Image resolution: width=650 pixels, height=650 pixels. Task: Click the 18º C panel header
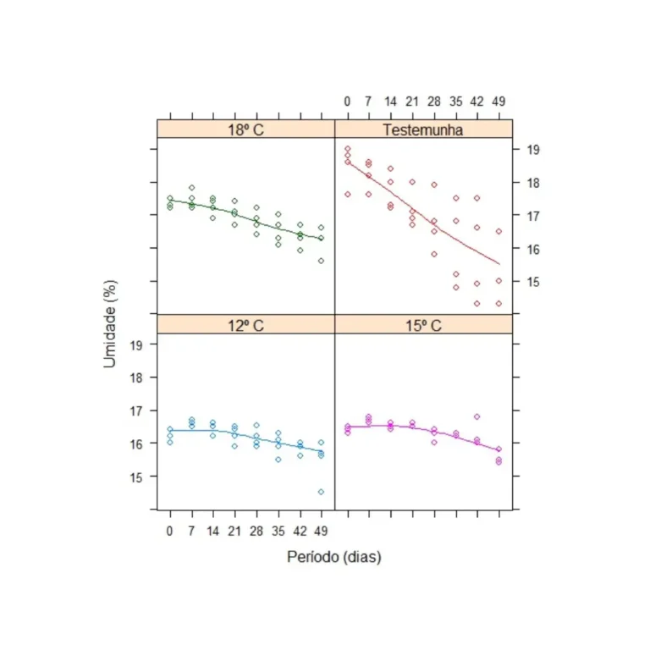click(245, 129)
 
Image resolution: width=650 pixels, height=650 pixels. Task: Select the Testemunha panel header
click(423, 129)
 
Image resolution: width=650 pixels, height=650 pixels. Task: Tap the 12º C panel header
click(245, 324)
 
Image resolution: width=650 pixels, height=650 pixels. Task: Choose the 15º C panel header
click(423, 324)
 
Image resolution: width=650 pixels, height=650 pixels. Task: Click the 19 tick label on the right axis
click(535, 149)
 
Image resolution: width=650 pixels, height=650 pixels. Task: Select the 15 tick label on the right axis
click(535, 281)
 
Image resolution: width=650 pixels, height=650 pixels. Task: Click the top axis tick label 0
click(347, 102)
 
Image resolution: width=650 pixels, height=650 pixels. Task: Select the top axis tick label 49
click(499, 102)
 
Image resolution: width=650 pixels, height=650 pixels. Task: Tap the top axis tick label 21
click(412, 102)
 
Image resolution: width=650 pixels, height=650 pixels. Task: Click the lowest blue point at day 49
click(321, 492)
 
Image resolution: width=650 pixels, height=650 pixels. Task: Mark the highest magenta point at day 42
click(477, 416)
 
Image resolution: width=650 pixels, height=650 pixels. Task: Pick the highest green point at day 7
click(192, 188)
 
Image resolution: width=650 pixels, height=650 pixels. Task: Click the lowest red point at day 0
click(347, 194)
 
